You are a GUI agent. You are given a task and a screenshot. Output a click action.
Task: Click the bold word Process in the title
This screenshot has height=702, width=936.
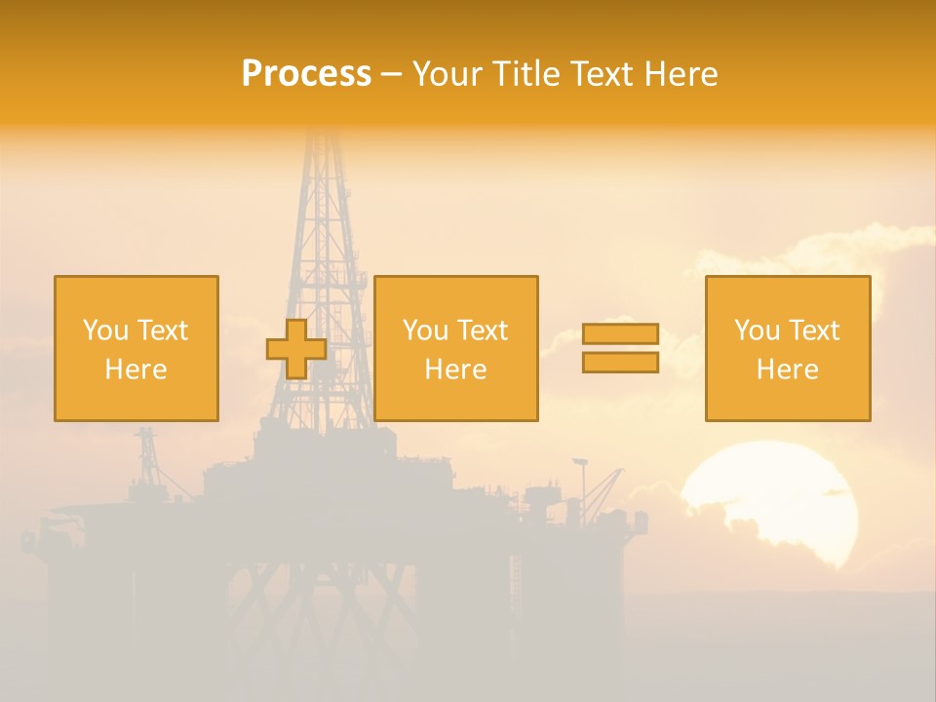(306, 74)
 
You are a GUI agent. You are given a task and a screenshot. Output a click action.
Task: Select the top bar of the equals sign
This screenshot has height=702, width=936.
(620, 333)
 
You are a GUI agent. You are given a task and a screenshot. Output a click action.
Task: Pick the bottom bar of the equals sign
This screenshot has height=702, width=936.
(620, 363)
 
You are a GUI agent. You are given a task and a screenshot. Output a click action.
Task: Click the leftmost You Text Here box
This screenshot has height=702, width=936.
(136, 348)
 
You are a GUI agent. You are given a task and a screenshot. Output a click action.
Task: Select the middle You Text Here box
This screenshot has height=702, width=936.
(455, 348)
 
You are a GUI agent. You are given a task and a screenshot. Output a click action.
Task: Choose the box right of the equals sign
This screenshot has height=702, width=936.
(787, 348)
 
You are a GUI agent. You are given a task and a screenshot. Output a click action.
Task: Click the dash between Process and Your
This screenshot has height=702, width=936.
(392, 74)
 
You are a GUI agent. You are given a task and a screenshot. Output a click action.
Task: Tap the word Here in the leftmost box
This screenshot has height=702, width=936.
(136, 369)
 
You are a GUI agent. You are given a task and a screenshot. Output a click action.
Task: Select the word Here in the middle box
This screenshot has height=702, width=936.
(455, 369)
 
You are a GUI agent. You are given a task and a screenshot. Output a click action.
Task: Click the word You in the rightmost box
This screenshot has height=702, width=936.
(757, 331)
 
